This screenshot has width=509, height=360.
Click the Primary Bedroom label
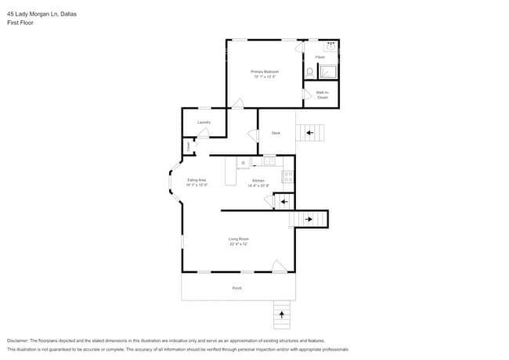[x=265, y=71]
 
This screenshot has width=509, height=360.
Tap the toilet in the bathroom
[x=310, y=72]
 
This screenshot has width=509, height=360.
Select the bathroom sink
[x=330, y=45]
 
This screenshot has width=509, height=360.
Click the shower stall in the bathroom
[x=328, y=72]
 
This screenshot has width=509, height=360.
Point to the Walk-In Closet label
[x=322, y=95]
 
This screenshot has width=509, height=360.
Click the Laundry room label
[x=204, y=122]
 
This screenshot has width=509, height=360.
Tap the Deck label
[x=276, y=133]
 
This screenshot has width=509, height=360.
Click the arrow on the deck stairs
[x=311, y=133]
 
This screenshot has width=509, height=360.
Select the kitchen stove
[x=287, y=177]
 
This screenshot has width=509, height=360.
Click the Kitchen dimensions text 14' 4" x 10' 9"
[x=258, y=185]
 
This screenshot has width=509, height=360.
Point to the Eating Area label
[x=197, y=181]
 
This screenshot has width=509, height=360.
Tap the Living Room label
[x=238, y=239]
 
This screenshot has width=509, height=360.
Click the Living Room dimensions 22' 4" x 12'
[x=238, y=244]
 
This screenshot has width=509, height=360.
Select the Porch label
[x=236, y=288]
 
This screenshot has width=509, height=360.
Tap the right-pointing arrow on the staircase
[x=309, y=219]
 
